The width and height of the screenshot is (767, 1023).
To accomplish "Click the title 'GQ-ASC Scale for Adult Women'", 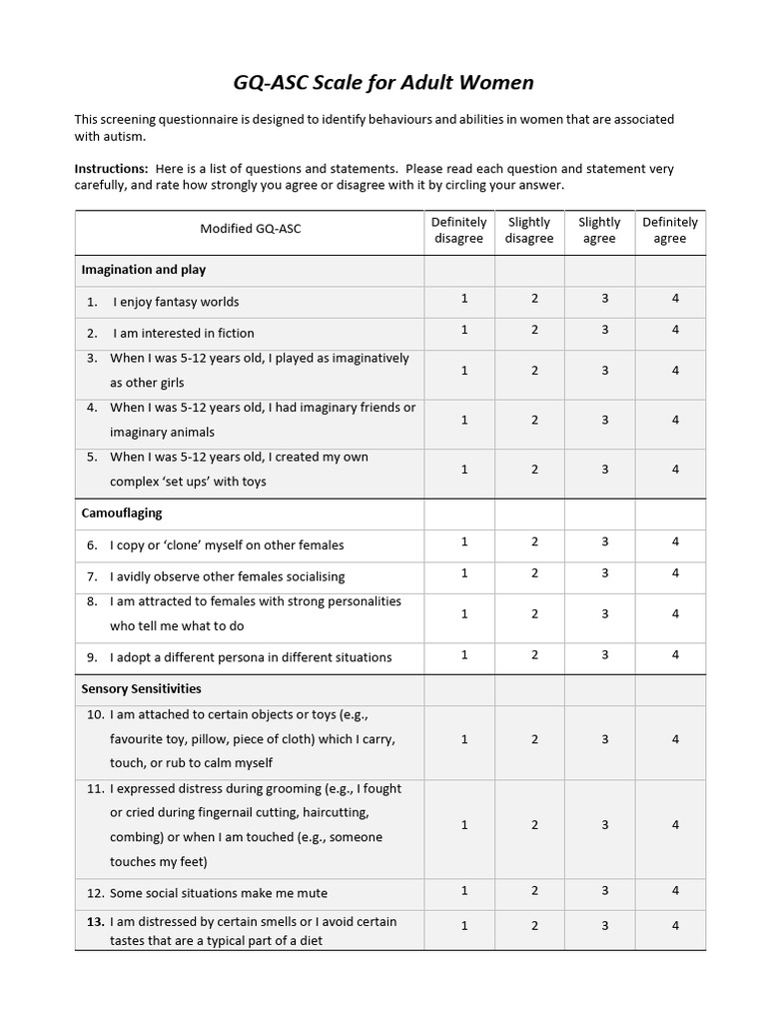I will click(383, 82).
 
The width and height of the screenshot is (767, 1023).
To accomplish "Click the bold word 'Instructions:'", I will click(112, 169).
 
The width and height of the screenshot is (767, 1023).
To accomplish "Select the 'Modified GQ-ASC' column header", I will click(250, 230).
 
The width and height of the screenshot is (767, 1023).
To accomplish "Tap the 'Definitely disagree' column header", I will click(458, 230).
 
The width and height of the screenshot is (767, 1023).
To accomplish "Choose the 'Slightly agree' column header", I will click(599, 230).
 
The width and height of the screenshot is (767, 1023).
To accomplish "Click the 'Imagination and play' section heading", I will click(144, 270).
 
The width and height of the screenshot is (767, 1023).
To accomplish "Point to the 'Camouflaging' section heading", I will click(122, 513).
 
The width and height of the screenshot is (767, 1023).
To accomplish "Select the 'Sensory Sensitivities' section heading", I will click(141, 689).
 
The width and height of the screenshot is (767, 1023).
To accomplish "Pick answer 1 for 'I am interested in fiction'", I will click(464, 330).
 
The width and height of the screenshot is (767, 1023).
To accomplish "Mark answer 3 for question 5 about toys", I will click(605, 469).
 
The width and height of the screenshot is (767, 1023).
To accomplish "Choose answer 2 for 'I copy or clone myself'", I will click(534, 541).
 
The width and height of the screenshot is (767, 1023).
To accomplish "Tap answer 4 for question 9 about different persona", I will click(675, 654).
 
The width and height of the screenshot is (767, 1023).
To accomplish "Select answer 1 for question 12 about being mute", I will click(464, 890).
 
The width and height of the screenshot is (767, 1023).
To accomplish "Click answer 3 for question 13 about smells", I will click(605, 926).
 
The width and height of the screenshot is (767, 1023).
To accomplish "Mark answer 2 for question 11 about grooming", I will click(534, 825).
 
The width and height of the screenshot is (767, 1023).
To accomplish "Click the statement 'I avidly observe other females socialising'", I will click(228, 576).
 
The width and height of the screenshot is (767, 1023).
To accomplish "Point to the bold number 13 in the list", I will click(95, 922).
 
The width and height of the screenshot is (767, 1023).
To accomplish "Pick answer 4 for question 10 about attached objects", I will click(675, 739).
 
